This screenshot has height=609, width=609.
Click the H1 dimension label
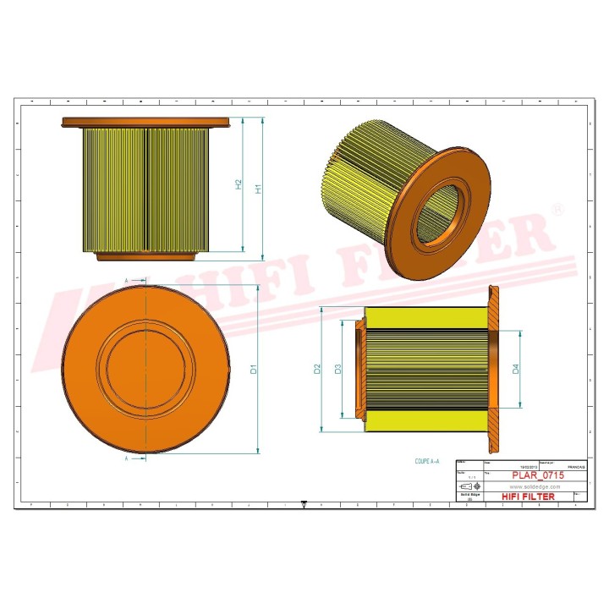[260, 188]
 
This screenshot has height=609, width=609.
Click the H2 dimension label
[239, 184]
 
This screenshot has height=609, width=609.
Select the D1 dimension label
[253, 370]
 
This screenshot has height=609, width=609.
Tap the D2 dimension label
[317, 370]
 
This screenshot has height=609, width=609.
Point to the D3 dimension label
[337, 370]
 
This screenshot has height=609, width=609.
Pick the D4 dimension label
[515, 369]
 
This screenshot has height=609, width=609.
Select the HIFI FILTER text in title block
[529, 497]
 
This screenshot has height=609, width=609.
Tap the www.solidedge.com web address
[535, 487]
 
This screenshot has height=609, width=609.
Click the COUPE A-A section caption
[428, 463]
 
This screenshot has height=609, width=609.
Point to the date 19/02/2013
[525, 467]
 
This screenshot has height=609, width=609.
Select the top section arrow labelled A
[136, 280]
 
